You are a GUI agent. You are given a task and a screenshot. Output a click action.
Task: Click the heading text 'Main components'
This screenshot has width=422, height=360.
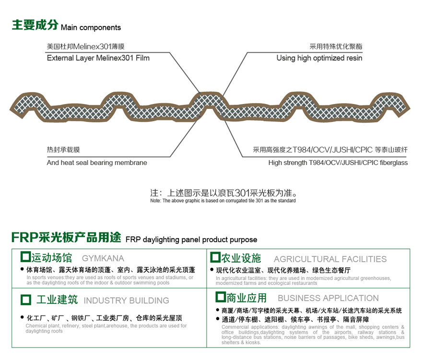(x=91, y=28)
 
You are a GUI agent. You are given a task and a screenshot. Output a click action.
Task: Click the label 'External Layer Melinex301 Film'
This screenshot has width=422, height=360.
(x=98, y=58)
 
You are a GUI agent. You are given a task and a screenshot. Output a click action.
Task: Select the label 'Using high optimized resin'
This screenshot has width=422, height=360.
(x=319, y=58)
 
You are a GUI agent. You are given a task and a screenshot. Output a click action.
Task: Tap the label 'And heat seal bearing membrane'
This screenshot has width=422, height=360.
(x=97, y=163)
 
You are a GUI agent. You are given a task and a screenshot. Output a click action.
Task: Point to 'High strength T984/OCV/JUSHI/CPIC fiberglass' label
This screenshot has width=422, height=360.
(x=338, y=163)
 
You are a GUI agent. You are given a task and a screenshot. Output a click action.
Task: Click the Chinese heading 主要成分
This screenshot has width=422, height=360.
(x=35, y=25)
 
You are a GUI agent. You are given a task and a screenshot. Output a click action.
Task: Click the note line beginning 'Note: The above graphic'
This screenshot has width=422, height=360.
(x=223, y=201)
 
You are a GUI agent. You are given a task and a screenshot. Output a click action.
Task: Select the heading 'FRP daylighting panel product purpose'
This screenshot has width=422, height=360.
(x=191, y=240)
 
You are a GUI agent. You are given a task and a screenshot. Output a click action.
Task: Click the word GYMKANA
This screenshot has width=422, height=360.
(x=103, y=258)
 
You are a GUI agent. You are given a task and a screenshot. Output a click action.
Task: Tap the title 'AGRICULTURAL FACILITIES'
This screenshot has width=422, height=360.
(x=330, y=259)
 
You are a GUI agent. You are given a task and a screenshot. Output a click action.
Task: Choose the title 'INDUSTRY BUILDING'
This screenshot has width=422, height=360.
(x=127, y=300)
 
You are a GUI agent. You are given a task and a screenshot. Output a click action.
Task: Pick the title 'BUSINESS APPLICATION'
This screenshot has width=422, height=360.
(x=328, y=298)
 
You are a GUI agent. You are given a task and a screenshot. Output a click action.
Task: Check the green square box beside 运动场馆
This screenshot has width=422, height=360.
(x=25, y=256)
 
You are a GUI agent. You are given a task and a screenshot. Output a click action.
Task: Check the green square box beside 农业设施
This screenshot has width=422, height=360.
(x=215, y=257)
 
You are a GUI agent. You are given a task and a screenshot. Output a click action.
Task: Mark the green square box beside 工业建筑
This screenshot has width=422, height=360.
(x=26, y=300)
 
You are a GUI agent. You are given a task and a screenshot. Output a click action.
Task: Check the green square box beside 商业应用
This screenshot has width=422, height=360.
(x=221, y=297)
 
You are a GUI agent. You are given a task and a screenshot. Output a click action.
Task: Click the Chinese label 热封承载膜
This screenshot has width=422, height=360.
(x=63, y=150)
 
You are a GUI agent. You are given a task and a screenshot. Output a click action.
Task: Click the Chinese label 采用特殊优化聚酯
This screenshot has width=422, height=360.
(x=336, y=46)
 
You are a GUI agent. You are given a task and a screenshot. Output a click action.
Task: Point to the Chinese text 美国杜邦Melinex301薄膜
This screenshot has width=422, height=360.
(x=85, y=46)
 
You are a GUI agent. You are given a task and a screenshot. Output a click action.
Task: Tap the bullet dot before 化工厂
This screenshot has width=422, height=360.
(x=22, y=317)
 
